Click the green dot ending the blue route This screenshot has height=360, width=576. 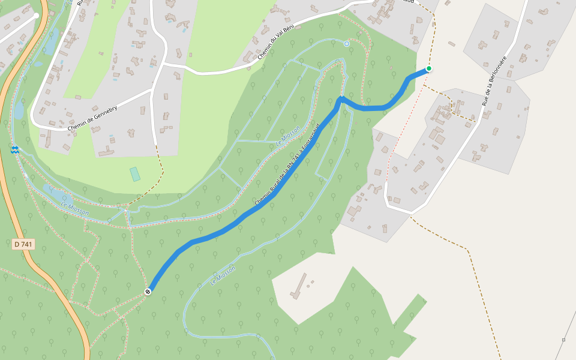point(429,68)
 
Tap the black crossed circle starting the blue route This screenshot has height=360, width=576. point(148,292)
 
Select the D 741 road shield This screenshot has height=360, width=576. point(23,244)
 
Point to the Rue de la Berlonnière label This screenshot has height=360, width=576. point(494,81)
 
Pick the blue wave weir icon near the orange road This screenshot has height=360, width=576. point(14,149)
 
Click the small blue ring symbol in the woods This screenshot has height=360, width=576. point(346,44)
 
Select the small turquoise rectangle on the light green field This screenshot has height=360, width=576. point(135,174)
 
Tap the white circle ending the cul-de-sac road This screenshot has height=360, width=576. point(37,16)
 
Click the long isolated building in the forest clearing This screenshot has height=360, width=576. point(298,286)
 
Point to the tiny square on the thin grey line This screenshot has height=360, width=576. point(563,340)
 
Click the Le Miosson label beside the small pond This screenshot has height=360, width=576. point(75,208)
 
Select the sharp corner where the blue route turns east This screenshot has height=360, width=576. point(340,100)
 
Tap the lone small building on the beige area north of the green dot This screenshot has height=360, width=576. point(451,43)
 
